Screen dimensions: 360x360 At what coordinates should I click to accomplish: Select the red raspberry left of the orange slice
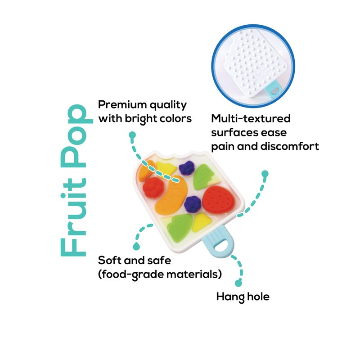click(x=153, y=187)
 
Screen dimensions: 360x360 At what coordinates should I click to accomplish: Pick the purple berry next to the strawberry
click(x=193, y=204)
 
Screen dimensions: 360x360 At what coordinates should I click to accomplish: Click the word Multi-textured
click(x=251, y=119)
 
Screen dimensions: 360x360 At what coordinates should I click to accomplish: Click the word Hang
click(x=230, y=297)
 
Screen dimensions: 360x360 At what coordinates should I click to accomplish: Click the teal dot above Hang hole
click(x=238, y=283)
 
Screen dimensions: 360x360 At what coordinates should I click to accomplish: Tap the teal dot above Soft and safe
click(x=136, y=247)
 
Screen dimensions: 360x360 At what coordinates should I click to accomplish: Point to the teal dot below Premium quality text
click(x=132, y=135)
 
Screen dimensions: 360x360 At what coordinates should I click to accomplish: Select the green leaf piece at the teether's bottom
click(x=180, y=227)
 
